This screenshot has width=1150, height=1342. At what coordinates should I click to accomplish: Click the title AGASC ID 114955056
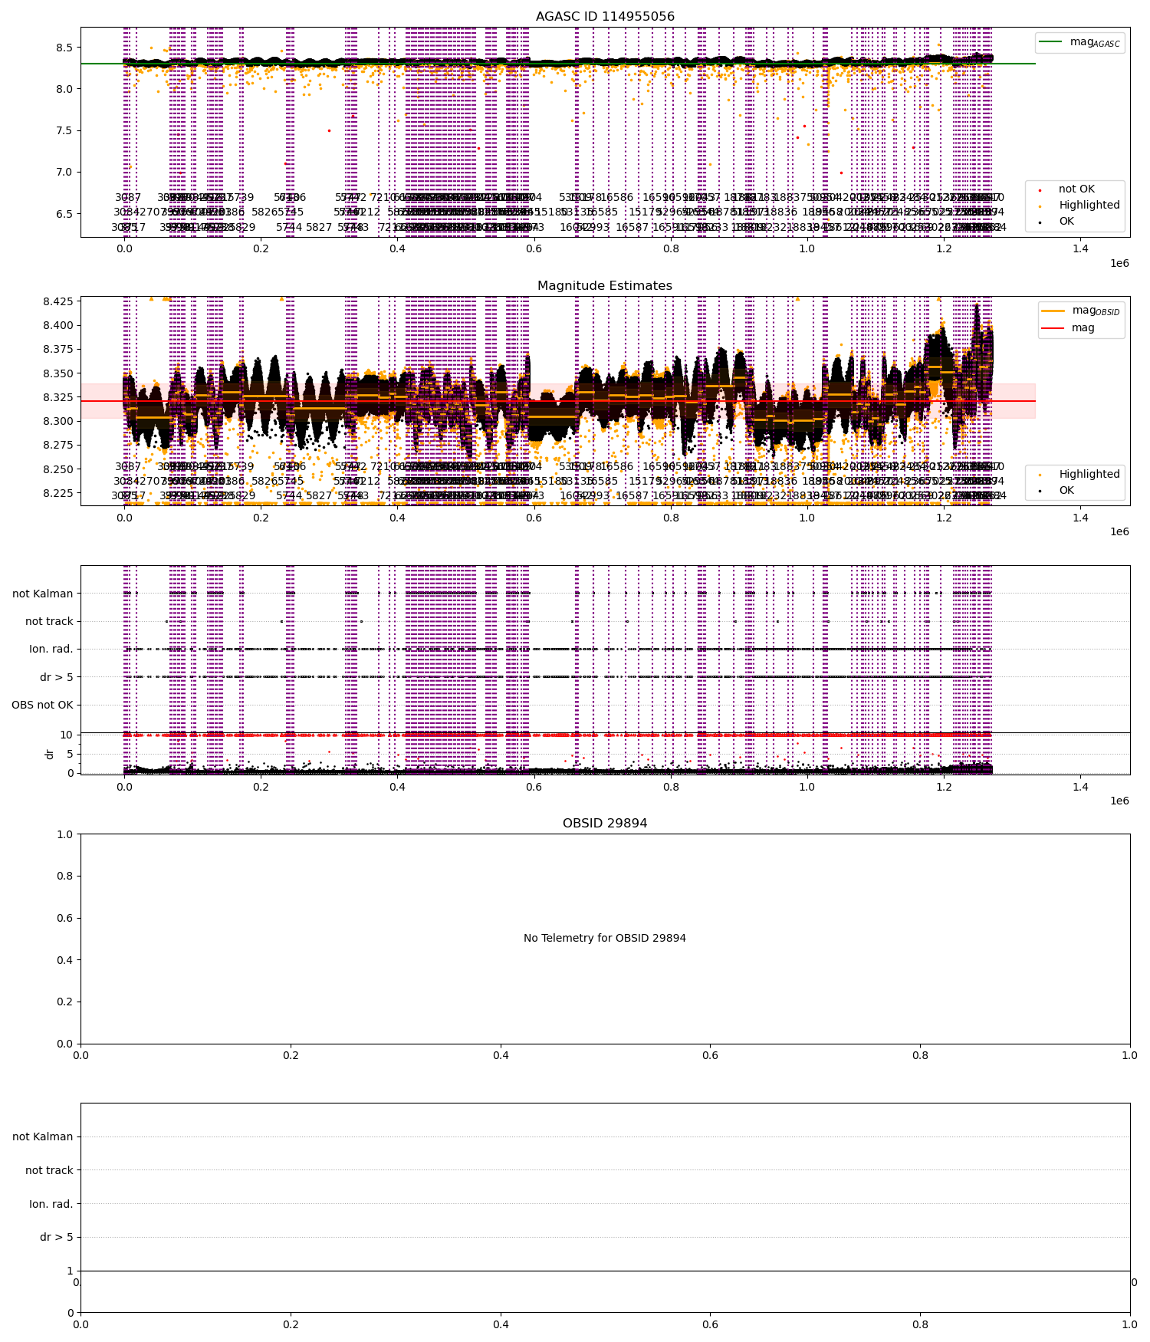pyautogui.click(x=605, y=17)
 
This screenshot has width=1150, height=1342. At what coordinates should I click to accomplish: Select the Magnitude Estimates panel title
pyautogui.click(x=605, y=286)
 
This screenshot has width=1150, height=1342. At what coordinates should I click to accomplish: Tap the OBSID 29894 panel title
pyautogui.click(x=605, y=824)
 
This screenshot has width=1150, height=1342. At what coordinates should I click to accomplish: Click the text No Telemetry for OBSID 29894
pyautogui.click(x=605, y=938)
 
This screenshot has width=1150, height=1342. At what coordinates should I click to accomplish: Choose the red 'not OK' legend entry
pyautogui.click(x=1076, y=189)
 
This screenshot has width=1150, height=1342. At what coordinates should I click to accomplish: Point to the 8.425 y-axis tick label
pyautogui.click(x=58, y=301)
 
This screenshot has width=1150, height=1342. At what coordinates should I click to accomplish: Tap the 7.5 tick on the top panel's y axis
pyautogui.click(x=64, y=130)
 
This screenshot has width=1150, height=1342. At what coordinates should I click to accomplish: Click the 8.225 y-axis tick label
pyautogui.click(x=58, y=493)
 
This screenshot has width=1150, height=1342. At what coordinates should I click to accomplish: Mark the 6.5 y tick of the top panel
pyautogui.click(x=64, y=214)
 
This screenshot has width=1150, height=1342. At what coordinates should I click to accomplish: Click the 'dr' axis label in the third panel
pyautogui.click(x=50, y=754)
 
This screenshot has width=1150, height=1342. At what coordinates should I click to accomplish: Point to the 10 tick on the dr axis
pyautogui.click(x=67, y=735)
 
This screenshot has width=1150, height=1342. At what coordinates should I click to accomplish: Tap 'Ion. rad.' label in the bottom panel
pyautogui.click(x=51, y=1204)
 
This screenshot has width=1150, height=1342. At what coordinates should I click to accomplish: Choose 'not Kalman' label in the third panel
pyautogui.click(x=43, y=594)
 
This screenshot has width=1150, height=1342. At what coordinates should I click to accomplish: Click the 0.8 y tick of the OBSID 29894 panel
pyautogui.click(x=64, y=877)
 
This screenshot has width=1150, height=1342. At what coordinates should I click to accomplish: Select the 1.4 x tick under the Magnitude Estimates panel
pyautogui.click(x=1080, y=518)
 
